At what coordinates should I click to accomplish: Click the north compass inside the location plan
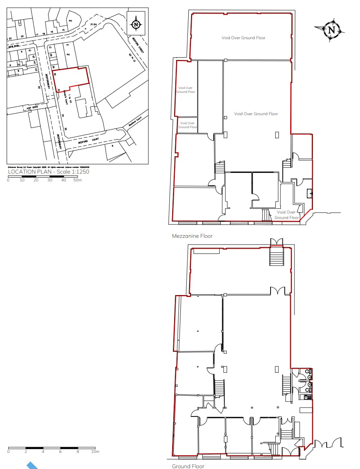pyautogui.click(x=136, y=24)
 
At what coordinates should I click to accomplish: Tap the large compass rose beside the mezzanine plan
pyautogui.click(x=332, y=30)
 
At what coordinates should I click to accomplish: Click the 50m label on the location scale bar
pyautogui.click(x=78, y=180)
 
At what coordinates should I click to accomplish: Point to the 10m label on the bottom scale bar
pyautogui.click(x=95, y=452)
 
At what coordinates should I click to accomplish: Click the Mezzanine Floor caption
pyautogui.click(x=192, y=236)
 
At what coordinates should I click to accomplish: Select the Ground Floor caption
pyautogui.click(x=188, y=466)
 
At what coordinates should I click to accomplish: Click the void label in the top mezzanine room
pyautogui.click(x=243, y=38)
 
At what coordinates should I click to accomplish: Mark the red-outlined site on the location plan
pyautogui.click(x=71, y=78)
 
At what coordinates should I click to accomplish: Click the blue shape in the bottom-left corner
pyautogui.click(x=32, y=465)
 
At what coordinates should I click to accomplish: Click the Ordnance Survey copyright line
pyautogui.click(x=45, y=167)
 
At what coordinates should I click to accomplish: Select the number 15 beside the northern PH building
pyautogui.click(x=63, y=30)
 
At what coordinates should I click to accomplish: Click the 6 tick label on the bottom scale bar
pyautogui.click(x=60, y=452)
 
